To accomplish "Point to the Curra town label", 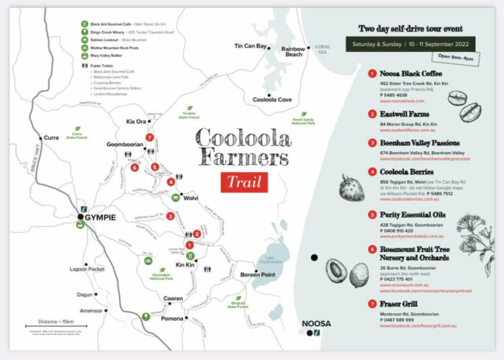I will click(x=50, y=138).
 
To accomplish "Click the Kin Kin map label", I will click(x=185, y=265).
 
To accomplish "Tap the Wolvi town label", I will click(x=190, y=197).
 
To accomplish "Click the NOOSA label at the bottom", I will click(x=317, y=324).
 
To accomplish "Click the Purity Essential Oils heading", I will click(x=413, y=215).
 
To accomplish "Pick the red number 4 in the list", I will click(x=372, y=173).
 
